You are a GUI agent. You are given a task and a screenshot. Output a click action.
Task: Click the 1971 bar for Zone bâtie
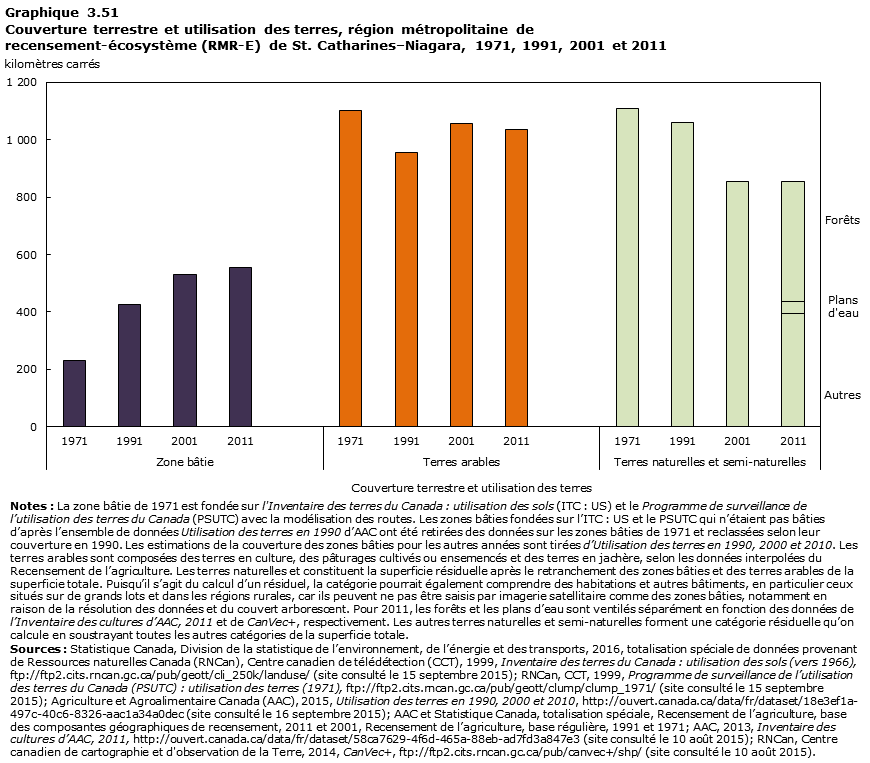coord(74,393)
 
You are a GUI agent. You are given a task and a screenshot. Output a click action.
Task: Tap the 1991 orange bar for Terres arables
coord(405,289)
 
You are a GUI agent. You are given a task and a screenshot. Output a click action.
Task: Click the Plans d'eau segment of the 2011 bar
coord(792,307)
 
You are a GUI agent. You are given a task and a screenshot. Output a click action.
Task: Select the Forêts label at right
coord(841,220)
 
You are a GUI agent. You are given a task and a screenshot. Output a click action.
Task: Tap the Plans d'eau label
coord(842,306)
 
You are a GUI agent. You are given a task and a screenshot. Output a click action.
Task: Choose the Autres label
coord(842,395)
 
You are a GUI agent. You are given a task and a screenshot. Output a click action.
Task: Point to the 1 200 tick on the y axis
coord(21,82)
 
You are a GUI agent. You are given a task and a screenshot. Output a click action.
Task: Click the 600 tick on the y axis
coord(27,255)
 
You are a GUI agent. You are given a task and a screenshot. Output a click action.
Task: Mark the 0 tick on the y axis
coord(34,427)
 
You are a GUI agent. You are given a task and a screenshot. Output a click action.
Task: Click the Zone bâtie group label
coord(185,462)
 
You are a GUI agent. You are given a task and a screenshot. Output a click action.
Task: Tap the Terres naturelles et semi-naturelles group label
coord(709,462)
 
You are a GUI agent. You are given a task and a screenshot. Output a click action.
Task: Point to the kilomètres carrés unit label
coord(52,64)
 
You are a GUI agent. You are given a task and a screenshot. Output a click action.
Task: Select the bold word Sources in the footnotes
coord(32,648)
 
